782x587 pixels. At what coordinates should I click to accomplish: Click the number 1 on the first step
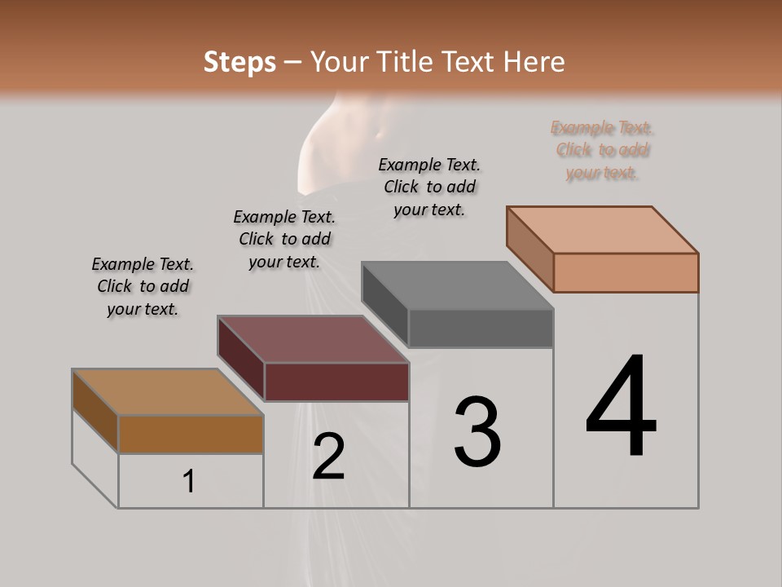pos(189,482)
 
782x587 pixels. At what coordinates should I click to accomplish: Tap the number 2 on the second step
pos(328,457)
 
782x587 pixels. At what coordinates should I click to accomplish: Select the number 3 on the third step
pos(477,431)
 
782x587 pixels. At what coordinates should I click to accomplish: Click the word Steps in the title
pos(239,62)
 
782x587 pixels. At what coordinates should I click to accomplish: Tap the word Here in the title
pos(534,62)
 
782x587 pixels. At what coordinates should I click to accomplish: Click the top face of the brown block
pos(168,392)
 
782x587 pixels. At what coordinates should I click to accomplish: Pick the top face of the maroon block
pos(313,339)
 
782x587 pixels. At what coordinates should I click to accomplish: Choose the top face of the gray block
pos(458,285)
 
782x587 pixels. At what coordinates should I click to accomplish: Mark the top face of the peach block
pos(603,229)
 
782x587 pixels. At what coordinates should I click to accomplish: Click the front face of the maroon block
pos(336,382)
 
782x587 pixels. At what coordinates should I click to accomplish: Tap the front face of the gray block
pos(481,329)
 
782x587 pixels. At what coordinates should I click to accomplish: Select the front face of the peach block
pos(626,272)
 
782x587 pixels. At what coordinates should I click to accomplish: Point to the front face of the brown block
pos(191,434)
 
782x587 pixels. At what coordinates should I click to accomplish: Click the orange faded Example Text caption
pos(602,150)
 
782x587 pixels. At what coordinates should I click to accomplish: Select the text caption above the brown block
pos(143,286)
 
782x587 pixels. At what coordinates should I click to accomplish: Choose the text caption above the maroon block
pos(284,239)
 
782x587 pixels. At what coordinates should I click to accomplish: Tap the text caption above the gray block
pos(429,187)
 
